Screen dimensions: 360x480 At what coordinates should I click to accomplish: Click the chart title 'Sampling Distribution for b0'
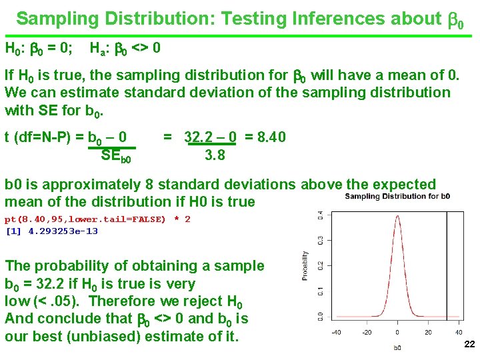click(x=397, y=197)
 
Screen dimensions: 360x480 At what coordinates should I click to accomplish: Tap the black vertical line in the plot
click(x=446, y=267)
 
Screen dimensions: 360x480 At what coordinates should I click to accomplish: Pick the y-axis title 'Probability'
click(x=306, y=265)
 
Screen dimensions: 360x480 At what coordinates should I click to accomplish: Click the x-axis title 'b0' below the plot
click(x=397, y=347)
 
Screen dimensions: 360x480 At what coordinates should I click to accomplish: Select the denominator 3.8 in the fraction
click(x=215, y=155)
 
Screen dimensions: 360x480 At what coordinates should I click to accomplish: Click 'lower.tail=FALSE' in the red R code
click(x=125, y=219)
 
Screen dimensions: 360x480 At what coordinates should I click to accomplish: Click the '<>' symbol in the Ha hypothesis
click(x=141, y=49)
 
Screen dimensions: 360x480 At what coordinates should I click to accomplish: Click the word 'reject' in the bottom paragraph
click(x=206, y=301)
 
